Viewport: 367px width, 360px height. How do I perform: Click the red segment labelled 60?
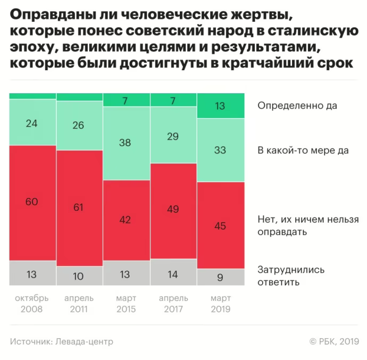(32, 203)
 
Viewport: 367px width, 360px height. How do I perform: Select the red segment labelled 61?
(79, 208)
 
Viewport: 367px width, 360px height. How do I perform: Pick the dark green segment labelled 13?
(220, 105)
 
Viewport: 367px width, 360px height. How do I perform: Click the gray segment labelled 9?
(220, 277)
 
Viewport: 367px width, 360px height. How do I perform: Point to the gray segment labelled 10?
(79, 275)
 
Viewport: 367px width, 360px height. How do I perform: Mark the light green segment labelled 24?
(32, 122)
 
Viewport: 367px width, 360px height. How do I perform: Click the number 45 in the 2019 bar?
(220, 225)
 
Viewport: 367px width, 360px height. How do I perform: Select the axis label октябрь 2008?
(32, 303)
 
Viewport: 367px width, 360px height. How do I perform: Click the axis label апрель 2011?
(79, 303)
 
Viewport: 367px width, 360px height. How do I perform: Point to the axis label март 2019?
(220, 303)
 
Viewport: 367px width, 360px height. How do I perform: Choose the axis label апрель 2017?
(173, 303)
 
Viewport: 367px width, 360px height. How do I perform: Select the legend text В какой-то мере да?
(303, 150)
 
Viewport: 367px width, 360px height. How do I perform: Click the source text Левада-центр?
(84, 341)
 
